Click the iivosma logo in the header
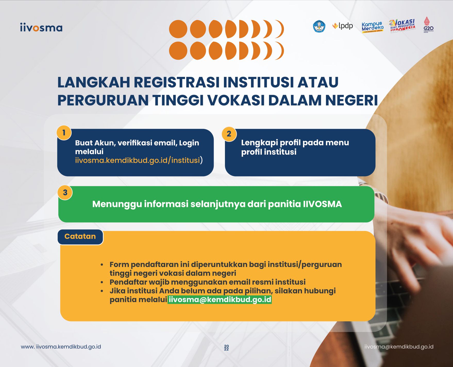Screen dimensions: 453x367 41,28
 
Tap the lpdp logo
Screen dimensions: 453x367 342,26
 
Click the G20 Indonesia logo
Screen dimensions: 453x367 429,25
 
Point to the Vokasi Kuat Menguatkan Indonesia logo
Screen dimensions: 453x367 402,26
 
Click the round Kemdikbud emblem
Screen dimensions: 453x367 319,26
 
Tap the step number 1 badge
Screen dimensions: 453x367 64,133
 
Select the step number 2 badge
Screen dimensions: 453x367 229,134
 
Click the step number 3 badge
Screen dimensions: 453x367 65,192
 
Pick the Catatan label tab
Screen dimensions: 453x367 80,237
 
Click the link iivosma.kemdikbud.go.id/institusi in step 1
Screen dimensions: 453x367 138,160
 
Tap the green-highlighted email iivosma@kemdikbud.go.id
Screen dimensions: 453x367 220,300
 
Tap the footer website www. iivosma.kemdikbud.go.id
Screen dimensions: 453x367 61,347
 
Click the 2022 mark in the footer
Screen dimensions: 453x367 226,348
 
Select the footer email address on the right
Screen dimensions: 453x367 399,347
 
